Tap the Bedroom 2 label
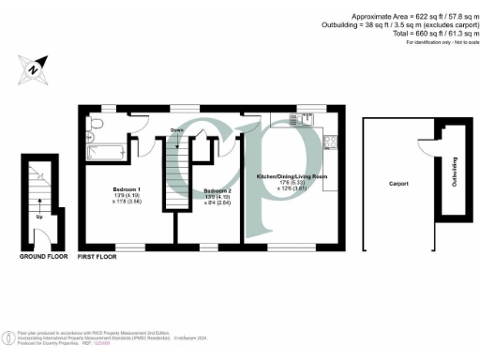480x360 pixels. coord(217,190)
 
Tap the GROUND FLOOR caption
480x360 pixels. coord(41,255)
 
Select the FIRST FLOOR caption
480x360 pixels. coord(97,256)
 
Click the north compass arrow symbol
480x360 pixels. coord(32,67)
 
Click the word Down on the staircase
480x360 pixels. coord(176,130)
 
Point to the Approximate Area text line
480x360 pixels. coord(411,18)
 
